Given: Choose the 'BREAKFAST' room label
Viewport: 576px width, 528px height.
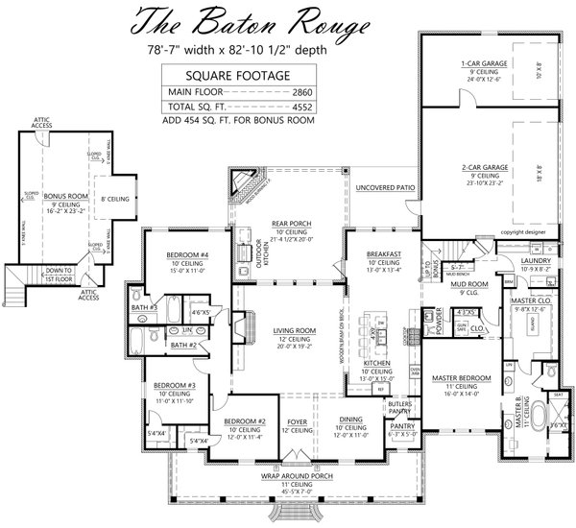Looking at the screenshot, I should [x=383, y=254].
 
